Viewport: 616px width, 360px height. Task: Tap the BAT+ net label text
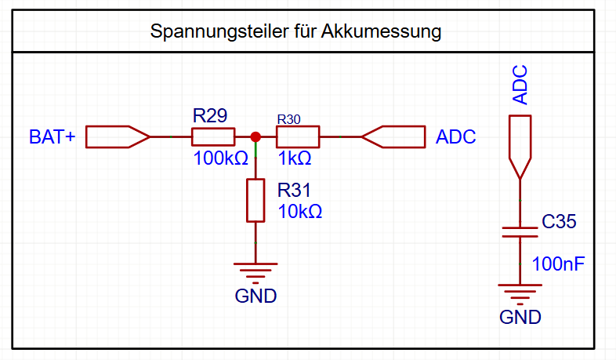coord(53,136)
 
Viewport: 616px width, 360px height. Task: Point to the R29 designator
coord(210,116)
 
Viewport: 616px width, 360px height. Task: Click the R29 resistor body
coord(213,137)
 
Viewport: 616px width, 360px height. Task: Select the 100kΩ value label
coord(220,158)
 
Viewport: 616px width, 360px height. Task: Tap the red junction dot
coord(255,136)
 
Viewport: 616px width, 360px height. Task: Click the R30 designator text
coord(288,119)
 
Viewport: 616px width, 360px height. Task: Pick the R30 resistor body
coord(298,137)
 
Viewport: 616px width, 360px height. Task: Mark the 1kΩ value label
coord(295,158)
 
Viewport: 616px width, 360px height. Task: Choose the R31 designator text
coord(295,190)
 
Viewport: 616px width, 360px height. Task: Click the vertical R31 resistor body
coord(255,200)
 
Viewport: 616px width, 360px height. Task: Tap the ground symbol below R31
coord(255,271)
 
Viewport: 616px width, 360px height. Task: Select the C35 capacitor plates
coord(520,231)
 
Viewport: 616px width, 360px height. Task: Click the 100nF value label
coord(558,263)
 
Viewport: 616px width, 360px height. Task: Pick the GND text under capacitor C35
coord(520,318)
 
